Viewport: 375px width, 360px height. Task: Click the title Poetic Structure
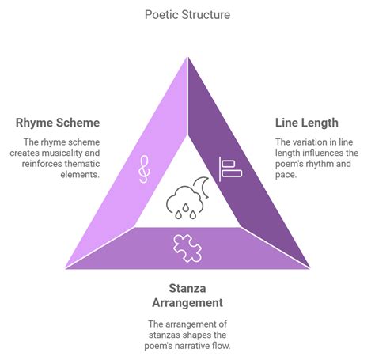point(187,14)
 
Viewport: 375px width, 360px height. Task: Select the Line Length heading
point(307,123)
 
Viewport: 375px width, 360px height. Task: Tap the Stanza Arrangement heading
point(187,294)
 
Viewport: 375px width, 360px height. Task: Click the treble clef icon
point(143,169)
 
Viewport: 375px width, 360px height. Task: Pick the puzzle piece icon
point(187,248)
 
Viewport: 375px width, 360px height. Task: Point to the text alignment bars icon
point(229,167)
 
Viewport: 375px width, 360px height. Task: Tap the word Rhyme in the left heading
point(34,123)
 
